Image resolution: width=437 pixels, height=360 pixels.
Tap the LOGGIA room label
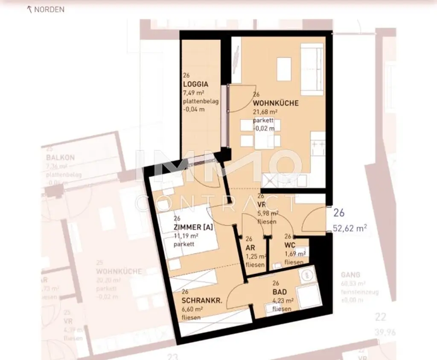[195, 84]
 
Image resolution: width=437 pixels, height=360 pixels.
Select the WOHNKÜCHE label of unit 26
[276, 103]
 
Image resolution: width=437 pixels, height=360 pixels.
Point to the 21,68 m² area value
[265, 111]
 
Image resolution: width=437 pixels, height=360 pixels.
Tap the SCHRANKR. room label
[202, 301]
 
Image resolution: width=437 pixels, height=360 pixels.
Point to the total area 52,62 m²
[350, 228]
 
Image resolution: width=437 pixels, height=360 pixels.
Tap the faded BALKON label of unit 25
[60, 157]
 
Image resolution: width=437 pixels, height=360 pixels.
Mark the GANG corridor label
[350, 275]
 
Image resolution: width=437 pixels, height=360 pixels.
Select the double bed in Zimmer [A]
[188, 233]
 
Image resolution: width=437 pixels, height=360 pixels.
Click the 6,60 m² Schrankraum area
[192, 309]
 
